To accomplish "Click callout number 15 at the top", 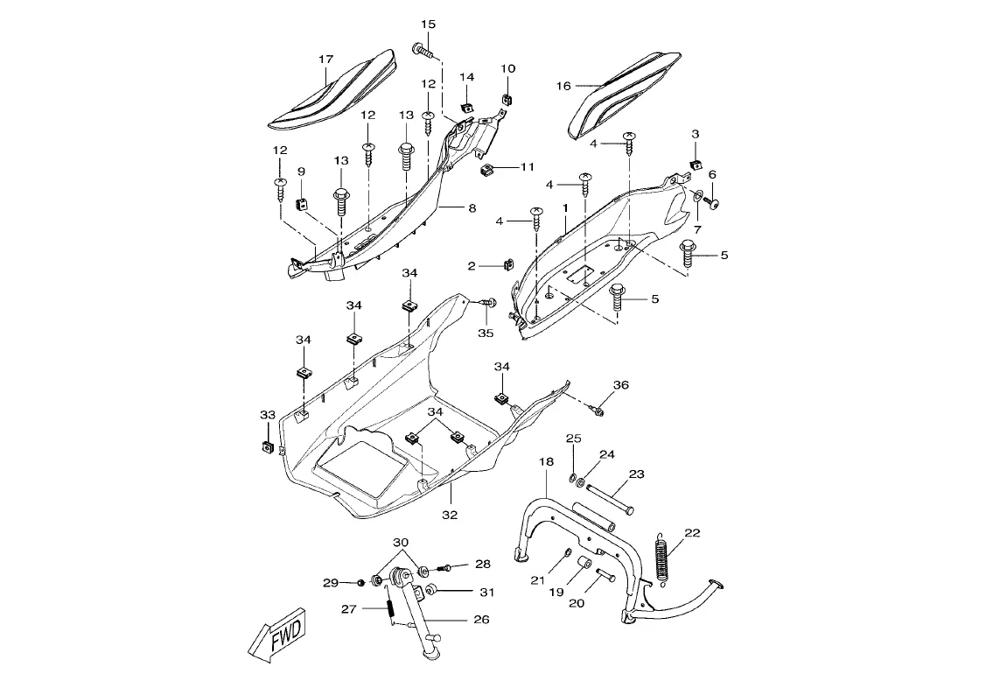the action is [x=428, y=25].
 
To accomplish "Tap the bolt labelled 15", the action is [x=424, y=51].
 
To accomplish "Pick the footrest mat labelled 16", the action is [x=625, y=95].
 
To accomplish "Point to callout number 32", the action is [x=449, y=515].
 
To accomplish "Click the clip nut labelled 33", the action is [x=266, y=446].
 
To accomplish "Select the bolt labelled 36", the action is [x=598, y=411].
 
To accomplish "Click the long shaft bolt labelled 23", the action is [x=610, y=498].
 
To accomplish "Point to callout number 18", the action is [x=546, y=461].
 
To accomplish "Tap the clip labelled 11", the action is [x=486, y=170].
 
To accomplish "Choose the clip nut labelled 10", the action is [x=507, y=98].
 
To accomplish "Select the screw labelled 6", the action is [x=710, y=203].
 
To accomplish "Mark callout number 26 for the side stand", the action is [x=481, y=620].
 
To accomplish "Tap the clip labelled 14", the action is [x=466, y=107].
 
